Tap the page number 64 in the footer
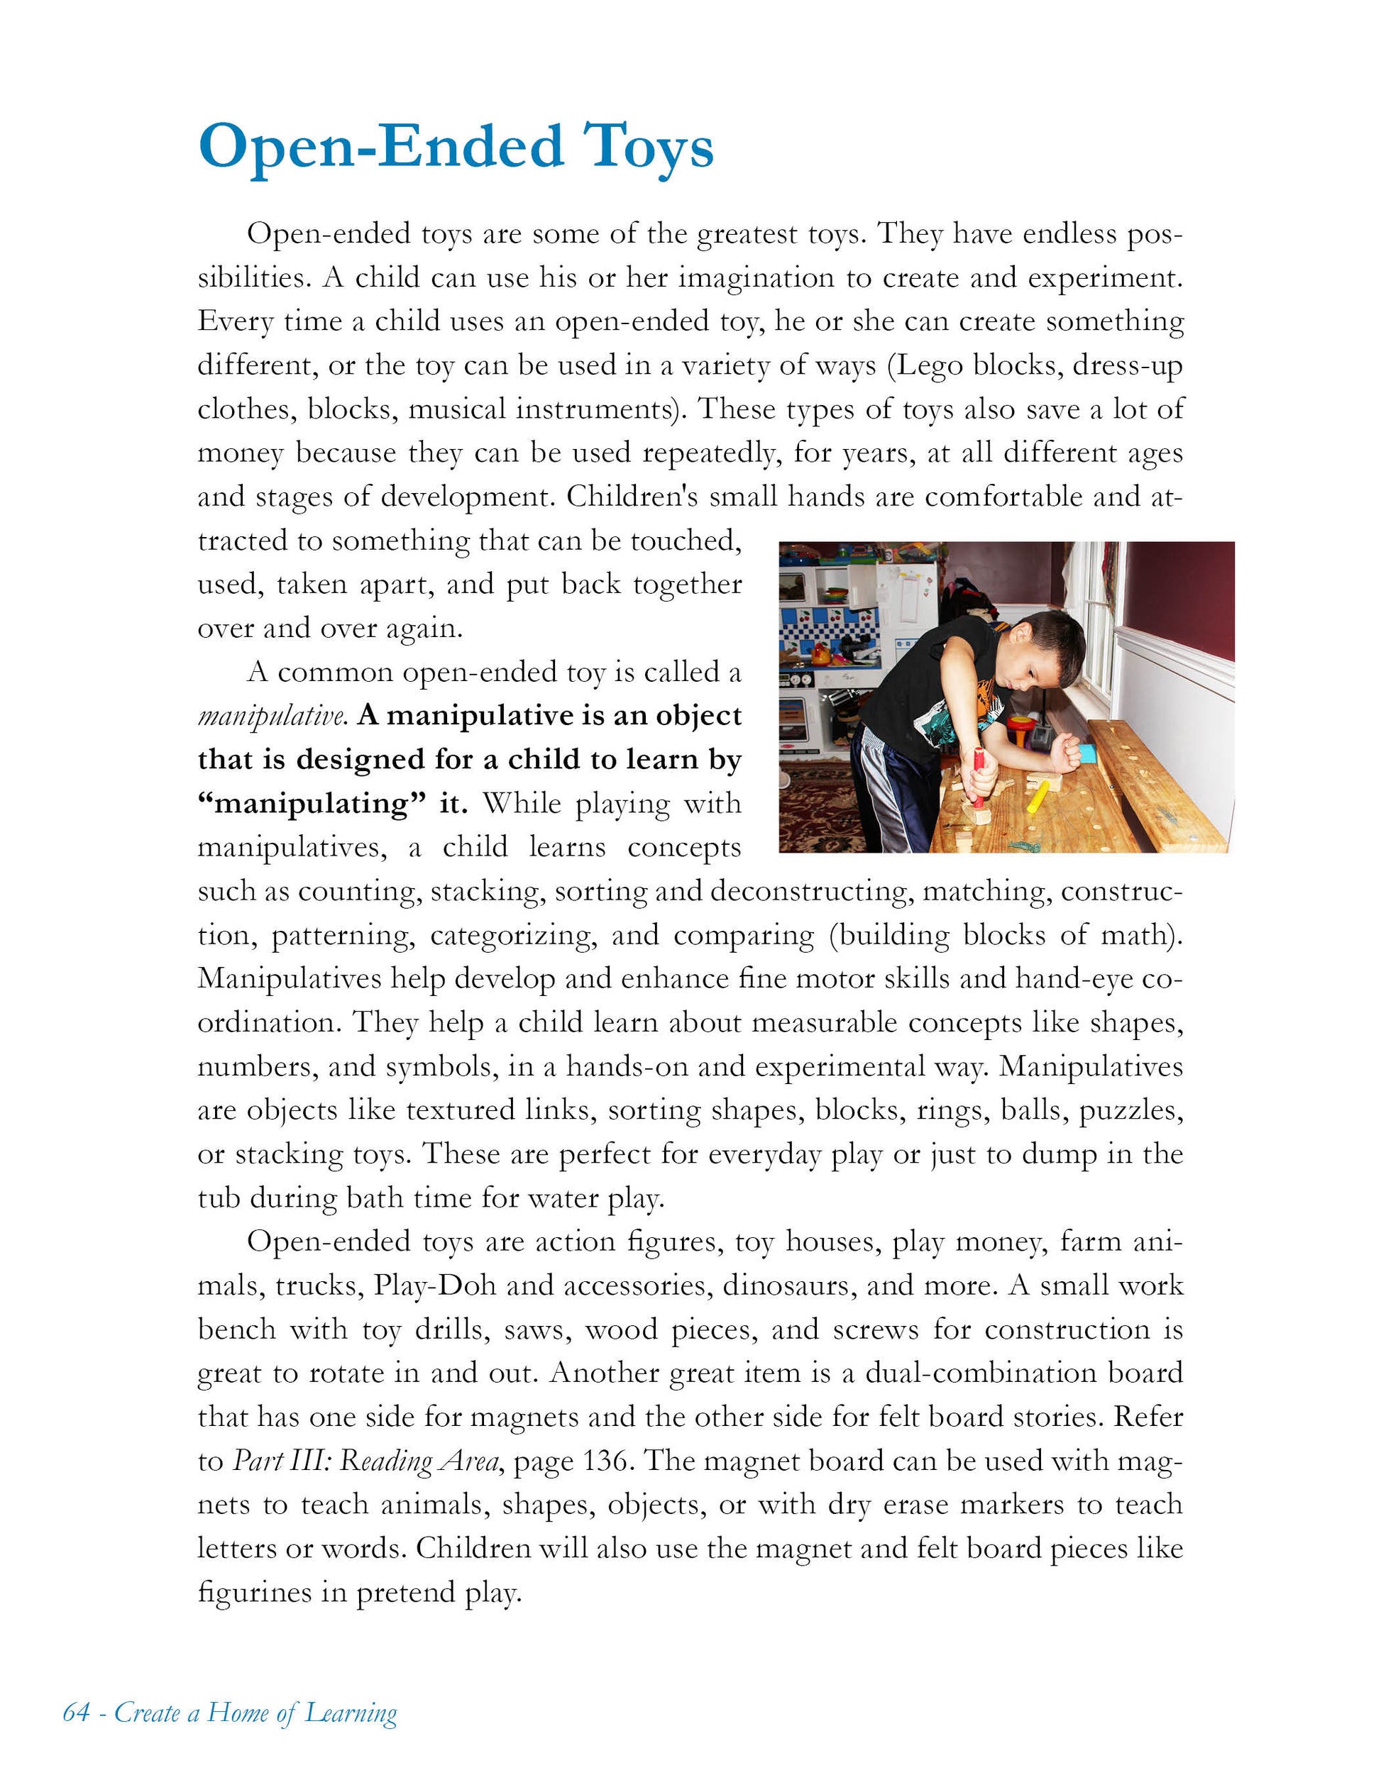pos(76,1713)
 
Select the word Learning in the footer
pos(351,1713)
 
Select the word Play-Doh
pos(434,1285)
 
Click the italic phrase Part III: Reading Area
pos(365,1461)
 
